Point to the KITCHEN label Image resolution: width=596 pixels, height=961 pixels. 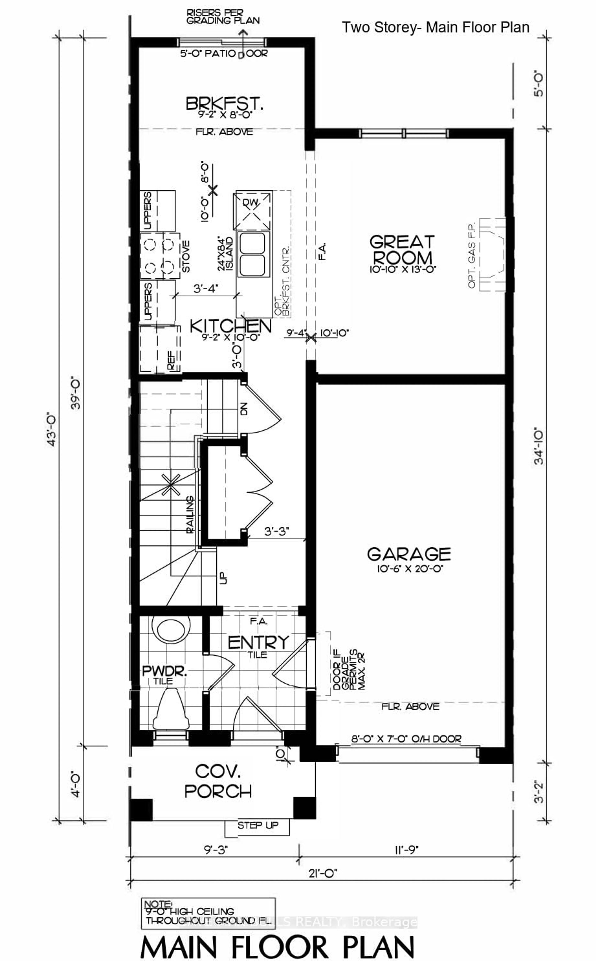pyautogui.click(x=231, y=326)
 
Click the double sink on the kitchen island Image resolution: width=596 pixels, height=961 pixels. pyautogui.click(x=252, y=254)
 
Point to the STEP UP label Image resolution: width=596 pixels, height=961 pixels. pyautogui.click(x=258, y=825)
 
